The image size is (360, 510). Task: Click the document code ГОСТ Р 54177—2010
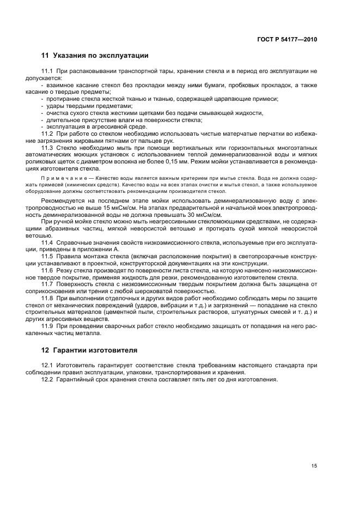click(286, 39)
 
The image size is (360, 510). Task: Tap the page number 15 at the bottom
click(314, 466)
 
